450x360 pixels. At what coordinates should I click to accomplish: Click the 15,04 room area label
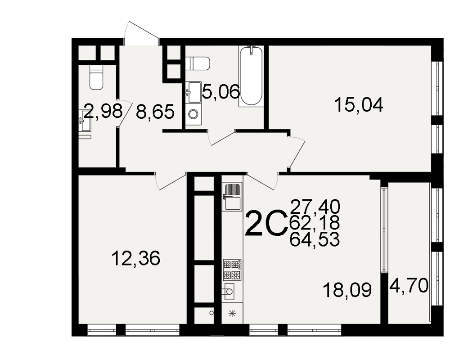coord(359,105)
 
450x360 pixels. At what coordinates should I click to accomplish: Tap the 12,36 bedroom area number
coord(136,258)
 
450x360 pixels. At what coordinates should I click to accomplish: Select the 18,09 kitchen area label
coord(347,290)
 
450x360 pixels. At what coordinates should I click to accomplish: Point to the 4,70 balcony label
coord(409,285)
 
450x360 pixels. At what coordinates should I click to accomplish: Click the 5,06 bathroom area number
coord(220,92)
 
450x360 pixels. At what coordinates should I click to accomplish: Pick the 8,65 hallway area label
coord(155,112)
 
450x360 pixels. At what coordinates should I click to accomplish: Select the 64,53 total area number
coord(315,239)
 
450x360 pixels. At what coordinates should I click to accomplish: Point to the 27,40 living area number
coord(315,207)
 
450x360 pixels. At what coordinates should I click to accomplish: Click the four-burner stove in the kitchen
coord(232,270)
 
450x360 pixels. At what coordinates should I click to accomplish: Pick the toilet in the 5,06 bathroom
coord(198,63)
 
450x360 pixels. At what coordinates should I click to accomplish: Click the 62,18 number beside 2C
coord(315,223)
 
